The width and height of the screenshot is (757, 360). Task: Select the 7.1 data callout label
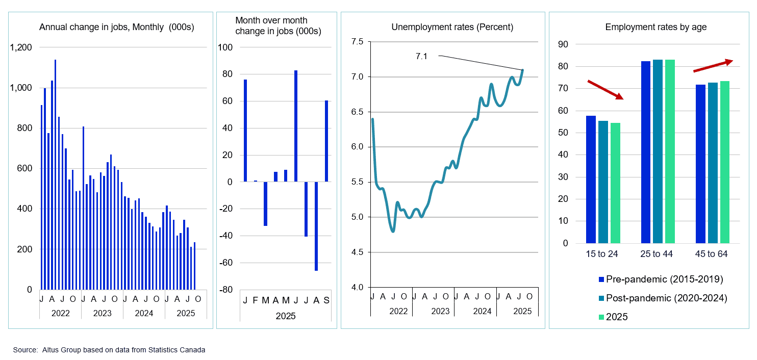pyautogui.click(x=421, y=56)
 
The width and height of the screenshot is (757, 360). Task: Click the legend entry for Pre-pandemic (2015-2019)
pyautogui.click(x=661, y=279)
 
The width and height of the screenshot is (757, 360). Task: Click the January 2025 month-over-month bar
pyautogui.click(x=245, y=131)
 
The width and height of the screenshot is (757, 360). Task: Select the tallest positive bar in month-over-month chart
pyautogui.click(x=296, y=126)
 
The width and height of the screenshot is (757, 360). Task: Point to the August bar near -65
pyautogui.click(x=316, y=226)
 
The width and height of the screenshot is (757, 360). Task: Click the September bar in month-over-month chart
pyautogui.click(x=326, y=141)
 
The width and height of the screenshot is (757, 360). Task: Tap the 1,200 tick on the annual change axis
pyautogui.click(x=22, y=47)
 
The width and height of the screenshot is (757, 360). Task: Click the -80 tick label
pyautogui.click(x=225, y=290)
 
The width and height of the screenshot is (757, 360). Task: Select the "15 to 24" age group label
pyautogui.click(x=602, y=254)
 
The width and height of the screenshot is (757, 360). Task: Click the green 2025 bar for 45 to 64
pyautogui.click(x=725, y=162)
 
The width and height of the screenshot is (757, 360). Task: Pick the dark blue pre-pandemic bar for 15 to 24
pyautogui.click(x=591, y=179)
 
